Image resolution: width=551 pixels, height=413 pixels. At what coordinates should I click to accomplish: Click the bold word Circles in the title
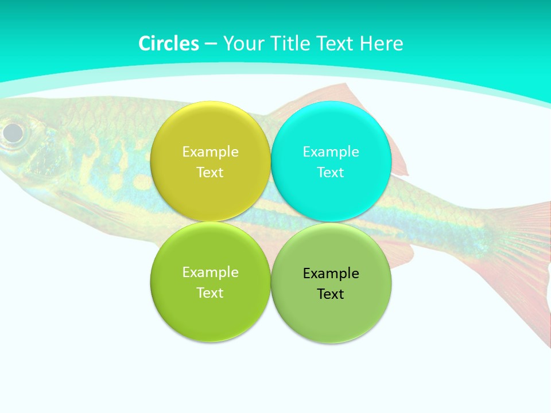[x=168, y=44]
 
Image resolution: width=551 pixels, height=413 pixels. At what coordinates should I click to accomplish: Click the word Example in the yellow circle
[x=210, y=151]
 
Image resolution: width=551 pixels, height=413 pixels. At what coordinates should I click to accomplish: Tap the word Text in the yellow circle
[x=210, y=172]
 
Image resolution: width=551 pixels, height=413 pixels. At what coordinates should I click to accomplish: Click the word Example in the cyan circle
[x=331, y=151]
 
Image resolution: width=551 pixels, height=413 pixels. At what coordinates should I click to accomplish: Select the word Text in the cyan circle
[x=331, y=172]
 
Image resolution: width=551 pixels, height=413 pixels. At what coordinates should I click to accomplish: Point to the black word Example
[x=331, y=273]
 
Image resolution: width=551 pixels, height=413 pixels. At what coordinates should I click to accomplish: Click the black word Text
[x=331, y=294]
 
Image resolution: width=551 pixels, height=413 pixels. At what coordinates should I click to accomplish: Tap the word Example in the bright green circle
[x=210, y=272]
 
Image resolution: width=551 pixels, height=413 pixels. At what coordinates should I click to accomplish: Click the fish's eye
[x=13, y=133]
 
